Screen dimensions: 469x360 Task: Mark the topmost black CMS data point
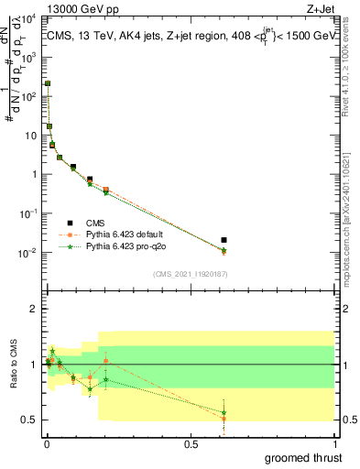coord(48,83)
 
